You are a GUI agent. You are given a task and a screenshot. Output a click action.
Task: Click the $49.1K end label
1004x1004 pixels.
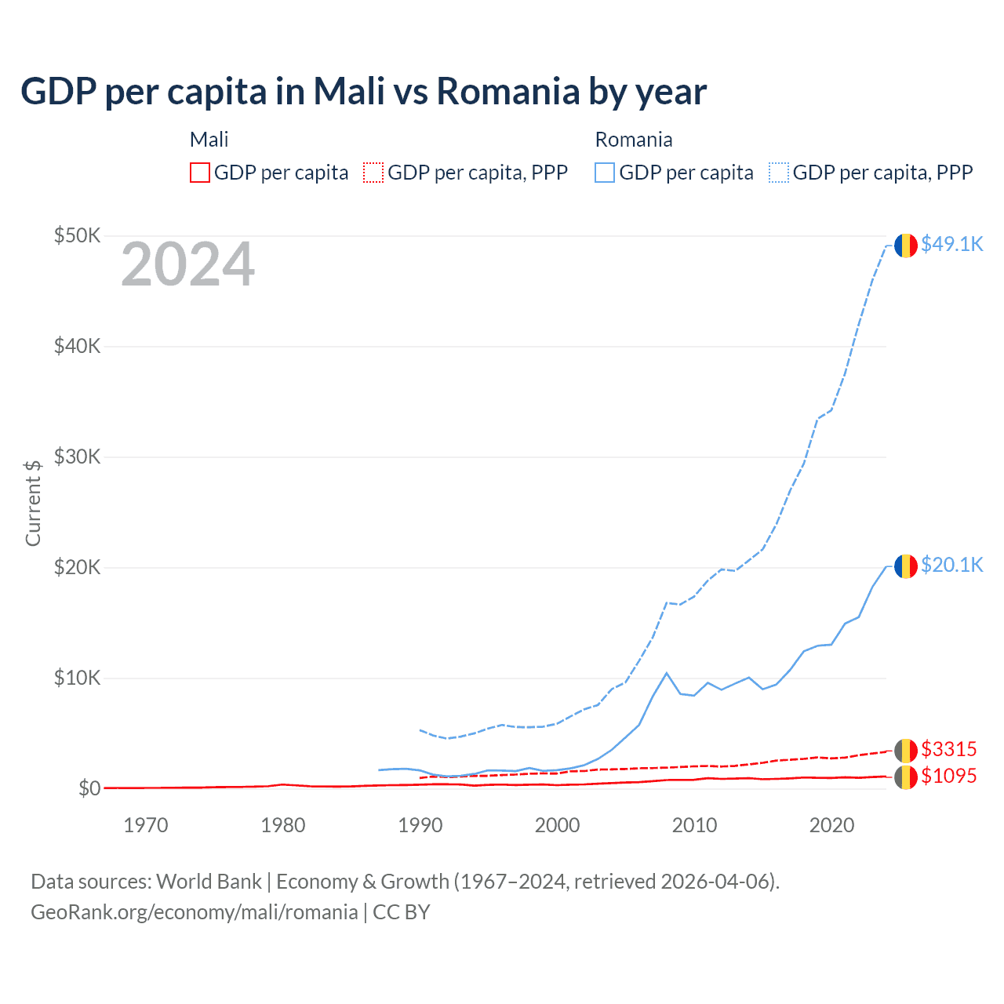click(x=951, y=245)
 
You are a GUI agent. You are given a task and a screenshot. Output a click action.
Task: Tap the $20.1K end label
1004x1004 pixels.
click(x=951, y=566)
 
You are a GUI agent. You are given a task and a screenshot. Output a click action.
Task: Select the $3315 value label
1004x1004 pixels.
click(x=948, y=749)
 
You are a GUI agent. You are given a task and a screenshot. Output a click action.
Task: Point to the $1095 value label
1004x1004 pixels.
click(x=948, y=777)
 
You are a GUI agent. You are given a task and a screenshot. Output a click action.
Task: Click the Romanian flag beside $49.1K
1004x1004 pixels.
click(x=906, y=246)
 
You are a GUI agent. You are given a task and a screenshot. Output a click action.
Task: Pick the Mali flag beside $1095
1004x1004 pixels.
click(x=906, y=777)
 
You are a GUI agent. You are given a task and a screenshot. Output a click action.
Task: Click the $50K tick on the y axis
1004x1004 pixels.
click(x=77, y=235)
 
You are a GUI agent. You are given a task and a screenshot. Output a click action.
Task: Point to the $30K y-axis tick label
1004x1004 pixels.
click(x=77, y=457)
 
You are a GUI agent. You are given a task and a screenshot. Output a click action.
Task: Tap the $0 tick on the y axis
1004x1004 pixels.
click(x=89, y=788)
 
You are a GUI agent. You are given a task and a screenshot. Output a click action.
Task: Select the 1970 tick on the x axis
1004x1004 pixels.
click(x=146, y=825)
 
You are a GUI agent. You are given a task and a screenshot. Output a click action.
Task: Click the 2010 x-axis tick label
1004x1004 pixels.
click(x=694, y=825)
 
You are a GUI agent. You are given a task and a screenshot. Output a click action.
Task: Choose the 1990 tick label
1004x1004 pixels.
click(x=420, y=825)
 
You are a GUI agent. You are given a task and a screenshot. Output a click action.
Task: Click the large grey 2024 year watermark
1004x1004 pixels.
click(x=187, y=265)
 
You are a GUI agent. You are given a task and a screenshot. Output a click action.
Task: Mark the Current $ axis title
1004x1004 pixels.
click(x=33, y=503)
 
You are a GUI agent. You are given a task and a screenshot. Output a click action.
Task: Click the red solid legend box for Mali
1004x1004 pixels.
click(x=200, y=173)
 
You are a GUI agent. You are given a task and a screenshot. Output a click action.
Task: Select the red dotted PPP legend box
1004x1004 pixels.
click(x=373, y=173)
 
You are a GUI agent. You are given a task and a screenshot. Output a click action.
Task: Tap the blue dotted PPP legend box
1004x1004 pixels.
click(x=779, y=173)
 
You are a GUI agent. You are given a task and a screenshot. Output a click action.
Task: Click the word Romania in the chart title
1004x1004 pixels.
click(x=507, y=91)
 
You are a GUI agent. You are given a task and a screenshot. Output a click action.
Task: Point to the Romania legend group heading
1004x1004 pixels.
click(x=634, y=140)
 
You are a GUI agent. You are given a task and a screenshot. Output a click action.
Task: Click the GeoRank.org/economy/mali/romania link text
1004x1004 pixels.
click(x=195, y=912)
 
